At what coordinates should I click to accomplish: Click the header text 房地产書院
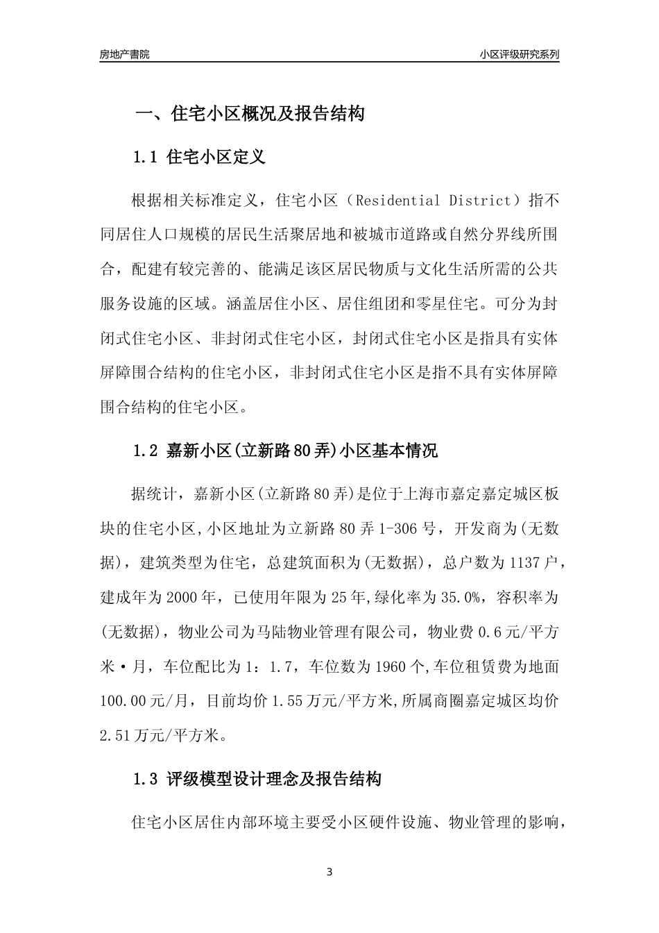click(x=124, y=55)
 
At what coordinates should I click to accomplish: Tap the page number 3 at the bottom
click(x=329, y=872)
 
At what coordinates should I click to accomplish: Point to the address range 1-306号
click(x=399, y=529)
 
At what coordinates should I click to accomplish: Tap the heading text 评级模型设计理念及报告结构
click(x=274, y=780)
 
